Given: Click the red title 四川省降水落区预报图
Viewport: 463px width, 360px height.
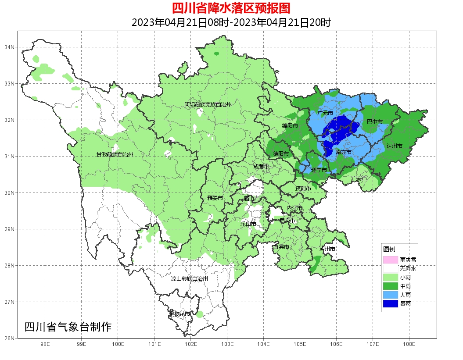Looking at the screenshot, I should (231, 8).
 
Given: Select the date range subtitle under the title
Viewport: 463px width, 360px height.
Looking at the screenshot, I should (231, 22).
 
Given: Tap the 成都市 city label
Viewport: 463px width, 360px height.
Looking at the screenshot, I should (262, 167).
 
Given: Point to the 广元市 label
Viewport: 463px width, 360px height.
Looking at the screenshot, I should (325, 113).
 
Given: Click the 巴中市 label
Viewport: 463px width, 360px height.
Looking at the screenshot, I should (375, 121).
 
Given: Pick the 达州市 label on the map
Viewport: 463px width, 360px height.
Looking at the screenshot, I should (395, 146).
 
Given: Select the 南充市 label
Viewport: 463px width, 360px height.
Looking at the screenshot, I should (343, 152).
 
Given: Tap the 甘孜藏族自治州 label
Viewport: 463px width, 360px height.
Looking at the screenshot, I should (115, 154).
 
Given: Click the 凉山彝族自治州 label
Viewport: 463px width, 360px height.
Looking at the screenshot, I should (190, 278).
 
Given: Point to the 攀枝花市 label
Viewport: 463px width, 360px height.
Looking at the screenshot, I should (180, 314).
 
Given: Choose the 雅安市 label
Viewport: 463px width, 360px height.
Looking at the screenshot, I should (215, 198).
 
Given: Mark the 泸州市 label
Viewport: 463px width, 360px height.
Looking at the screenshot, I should (327, 249).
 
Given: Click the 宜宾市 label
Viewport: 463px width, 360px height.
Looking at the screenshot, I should (281, 247).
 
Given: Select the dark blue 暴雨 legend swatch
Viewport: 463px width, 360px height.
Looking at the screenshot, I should (390, 303).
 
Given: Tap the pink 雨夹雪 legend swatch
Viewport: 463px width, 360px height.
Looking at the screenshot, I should (390, 260).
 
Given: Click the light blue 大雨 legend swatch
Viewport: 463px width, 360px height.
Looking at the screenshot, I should (390, 295).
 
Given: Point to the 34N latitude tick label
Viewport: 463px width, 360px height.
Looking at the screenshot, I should (10, 47).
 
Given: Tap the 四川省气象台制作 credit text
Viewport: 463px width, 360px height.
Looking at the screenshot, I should (68, 327).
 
